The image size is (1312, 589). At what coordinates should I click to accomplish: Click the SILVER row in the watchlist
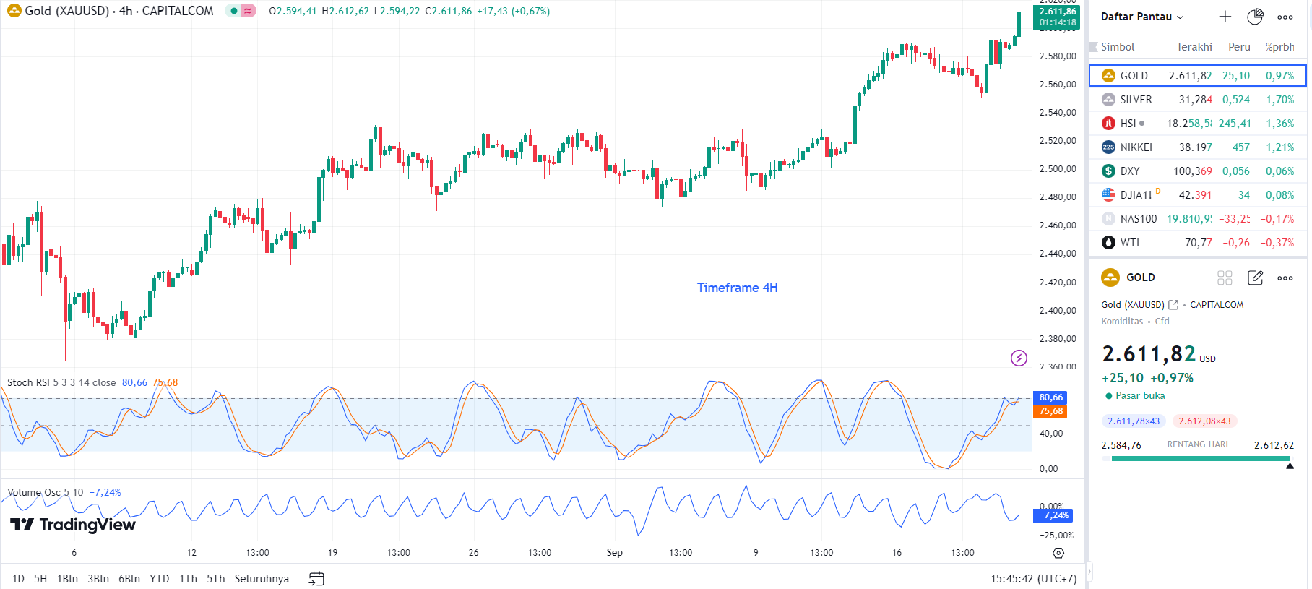(x=1197, y=100)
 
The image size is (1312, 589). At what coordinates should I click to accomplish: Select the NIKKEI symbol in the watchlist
(x=1136, y=147)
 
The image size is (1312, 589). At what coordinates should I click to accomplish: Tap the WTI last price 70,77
(x=1198, y=243)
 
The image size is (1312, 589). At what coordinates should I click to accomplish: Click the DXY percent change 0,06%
(x=1279, y=171)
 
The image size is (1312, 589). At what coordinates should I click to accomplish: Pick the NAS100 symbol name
(x=1138, y=219)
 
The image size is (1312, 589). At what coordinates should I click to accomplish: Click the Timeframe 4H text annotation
(x=737, y=288)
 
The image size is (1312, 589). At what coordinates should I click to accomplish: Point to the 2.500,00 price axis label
(x=1057, y=169)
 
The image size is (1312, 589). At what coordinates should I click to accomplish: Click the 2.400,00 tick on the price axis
(x=1057, y=311)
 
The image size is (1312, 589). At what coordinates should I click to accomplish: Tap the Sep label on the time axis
(x=614, y=553)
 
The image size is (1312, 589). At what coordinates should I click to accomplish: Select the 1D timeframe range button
(x=18, y=579)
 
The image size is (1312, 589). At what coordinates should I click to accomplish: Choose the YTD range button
(x=159, y=579)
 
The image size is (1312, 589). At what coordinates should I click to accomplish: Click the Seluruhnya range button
(x=262, y=579)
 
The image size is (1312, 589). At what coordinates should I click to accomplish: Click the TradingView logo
(x=73, y=525)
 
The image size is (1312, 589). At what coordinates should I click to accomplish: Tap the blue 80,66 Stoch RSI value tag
(x=1050, y=397)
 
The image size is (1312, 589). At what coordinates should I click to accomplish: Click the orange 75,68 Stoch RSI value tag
(x=1050, y=411)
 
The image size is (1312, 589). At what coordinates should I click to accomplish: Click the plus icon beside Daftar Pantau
(x=1225, y=17)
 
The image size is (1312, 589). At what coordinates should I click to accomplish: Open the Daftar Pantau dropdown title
(x=1141, y=17)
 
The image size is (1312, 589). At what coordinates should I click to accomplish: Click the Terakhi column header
(x=1194, y=47)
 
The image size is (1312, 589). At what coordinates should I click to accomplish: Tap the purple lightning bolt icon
(x=1019, y=358)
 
